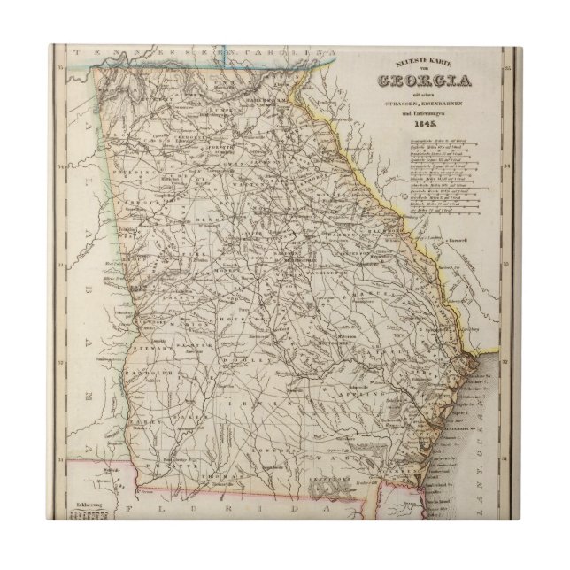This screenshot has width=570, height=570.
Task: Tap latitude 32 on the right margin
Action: [505, 362]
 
